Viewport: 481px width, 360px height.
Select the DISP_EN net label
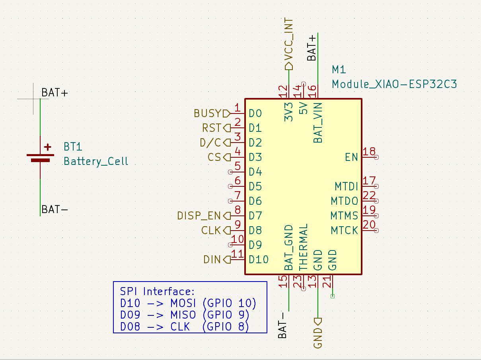click(x=199, y=216)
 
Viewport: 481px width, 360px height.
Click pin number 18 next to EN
click(x=369, y=152)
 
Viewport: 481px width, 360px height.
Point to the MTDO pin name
click(x=345, y=201)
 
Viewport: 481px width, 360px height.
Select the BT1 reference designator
click(x=73, y=147)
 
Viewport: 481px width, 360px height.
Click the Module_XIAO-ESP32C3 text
click(x=394, y=84)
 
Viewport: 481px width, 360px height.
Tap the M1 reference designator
click(x=339, y=70)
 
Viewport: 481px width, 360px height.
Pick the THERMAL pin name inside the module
click(x=303, y=247)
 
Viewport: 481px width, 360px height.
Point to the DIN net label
click(x=212, y=260)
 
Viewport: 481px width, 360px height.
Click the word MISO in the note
click(x=183, y=315)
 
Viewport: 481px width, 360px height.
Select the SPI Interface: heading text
click(x=157, y=292)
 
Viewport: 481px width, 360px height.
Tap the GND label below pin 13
click(x=317, y=338)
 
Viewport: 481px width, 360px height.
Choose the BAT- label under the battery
click(x=55, y=209)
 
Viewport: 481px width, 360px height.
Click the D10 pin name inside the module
click(x=259, y=260)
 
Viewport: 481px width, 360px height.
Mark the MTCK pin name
click(x=344, y=230)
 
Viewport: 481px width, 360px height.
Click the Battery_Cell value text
click(x=96, y=161)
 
